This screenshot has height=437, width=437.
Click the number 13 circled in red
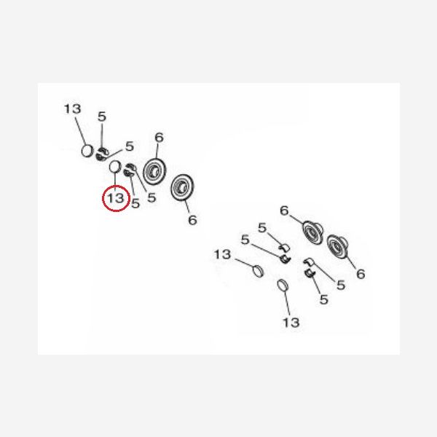pos(116,198)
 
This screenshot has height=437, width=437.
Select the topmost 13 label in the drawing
pos(72,109)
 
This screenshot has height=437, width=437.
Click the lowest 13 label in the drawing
pos(291,323)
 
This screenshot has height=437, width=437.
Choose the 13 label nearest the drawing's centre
pos(222,254)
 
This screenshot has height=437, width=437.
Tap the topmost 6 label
pos(159,138)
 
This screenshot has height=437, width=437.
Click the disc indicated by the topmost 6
pos(154,171)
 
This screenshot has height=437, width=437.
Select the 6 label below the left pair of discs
pos(192,220)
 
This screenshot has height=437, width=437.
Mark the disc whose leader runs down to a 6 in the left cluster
pos(182,187)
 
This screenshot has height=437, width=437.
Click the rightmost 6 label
pos(361,275)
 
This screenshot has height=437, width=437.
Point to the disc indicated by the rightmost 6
pos(338,247)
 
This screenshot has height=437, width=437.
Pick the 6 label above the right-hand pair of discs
pos(284,210)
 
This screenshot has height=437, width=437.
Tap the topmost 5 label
pos(102,117)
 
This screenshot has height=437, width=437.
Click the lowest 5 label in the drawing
pos(323,299)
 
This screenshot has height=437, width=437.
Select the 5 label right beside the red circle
pos(135,203)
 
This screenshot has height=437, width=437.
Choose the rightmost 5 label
pos(341,285)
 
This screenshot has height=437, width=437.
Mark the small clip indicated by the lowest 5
pos(310,273)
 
